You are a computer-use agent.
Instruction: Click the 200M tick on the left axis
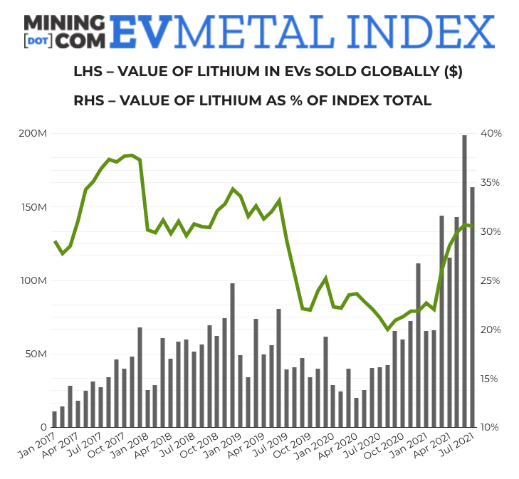[33, 134]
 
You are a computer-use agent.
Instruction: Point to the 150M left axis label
[33, 207]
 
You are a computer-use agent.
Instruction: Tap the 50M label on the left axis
[36, 354]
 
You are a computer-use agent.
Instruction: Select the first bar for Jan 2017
[54, 419]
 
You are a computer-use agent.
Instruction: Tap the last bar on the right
[472, 307]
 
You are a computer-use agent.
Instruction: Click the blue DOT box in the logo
[37, 41]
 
